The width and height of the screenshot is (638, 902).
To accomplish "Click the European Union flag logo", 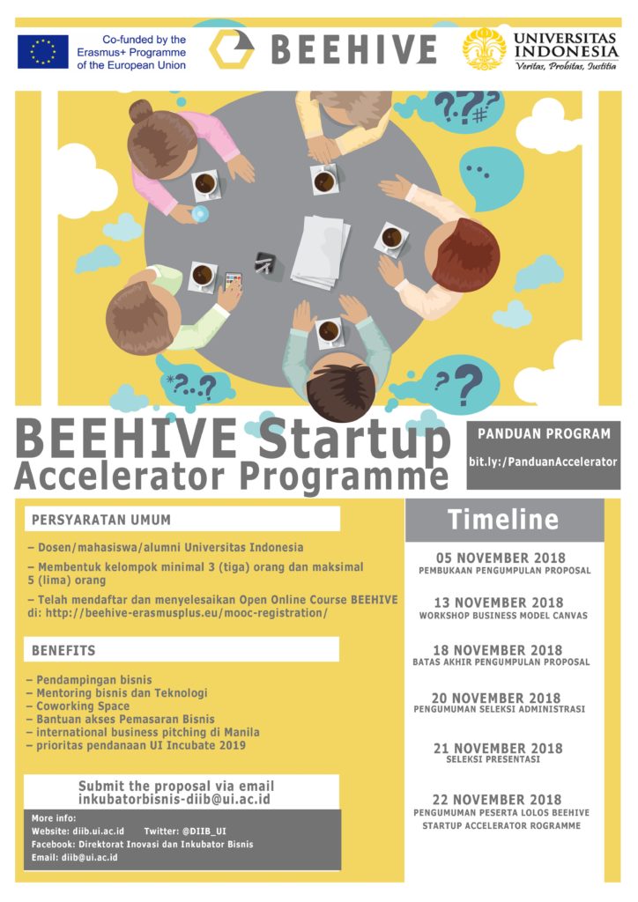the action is [x=42, y=52].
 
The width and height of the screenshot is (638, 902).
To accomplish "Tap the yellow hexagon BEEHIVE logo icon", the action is [x=231, y=49].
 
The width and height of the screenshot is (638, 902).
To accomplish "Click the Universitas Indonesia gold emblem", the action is [x=485, y=49].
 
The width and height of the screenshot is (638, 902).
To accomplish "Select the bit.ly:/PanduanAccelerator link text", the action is [x=543, y=462].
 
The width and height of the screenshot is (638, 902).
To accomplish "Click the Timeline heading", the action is [x=503, y=520].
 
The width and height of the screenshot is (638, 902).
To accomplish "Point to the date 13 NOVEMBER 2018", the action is [x=499, y=603].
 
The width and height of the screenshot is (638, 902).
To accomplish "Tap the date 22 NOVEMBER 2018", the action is [x=497, y=800].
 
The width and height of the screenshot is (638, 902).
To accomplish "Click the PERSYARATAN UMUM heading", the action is [x=101, y=520].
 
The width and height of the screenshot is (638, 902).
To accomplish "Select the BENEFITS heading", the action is [x=63, y=651].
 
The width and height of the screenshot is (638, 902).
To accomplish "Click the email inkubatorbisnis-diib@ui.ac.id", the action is [x=174, y=799].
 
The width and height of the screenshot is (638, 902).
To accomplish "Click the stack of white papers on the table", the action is [x=321, y=251].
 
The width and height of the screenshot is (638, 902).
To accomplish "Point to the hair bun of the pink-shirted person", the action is [x=140, y=111].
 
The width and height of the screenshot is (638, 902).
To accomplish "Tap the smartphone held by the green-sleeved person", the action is [x=233, y=281].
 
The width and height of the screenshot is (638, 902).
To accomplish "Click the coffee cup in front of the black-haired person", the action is [x=330, y=332].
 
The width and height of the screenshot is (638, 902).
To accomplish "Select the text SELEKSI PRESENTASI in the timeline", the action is [x=493, y=759].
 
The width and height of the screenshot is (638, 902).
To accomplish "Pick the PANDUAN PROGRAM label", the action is [x=545, y=433].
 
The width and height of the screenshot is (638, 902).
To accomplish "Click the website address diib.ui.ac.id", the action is [x=99, y=832].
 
